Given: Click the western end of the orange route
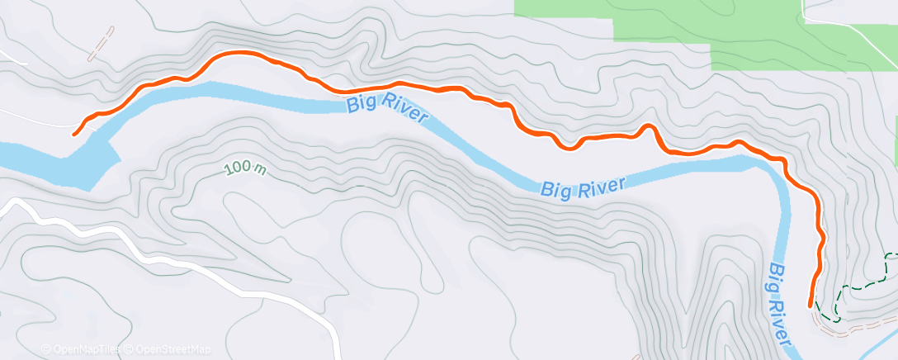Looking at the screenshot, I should click(75, 133).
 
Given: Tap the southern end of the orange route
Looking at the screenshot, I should click(809, 306).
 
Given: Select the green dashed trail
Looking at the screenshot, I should click(858, 286).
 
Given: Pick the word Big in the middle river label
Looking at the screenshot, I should click(556, 190).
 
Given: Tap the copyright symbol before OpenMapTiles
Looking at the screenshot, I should click(45, 349).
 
